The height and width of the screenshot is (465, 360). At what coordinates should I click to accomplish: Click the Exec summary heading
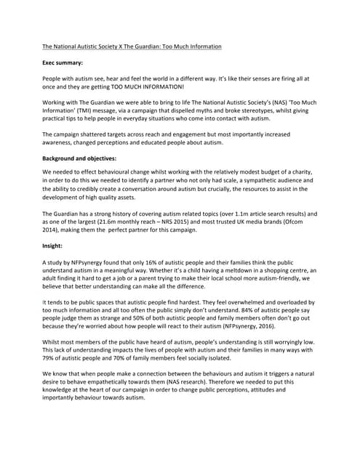[63, 64]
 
